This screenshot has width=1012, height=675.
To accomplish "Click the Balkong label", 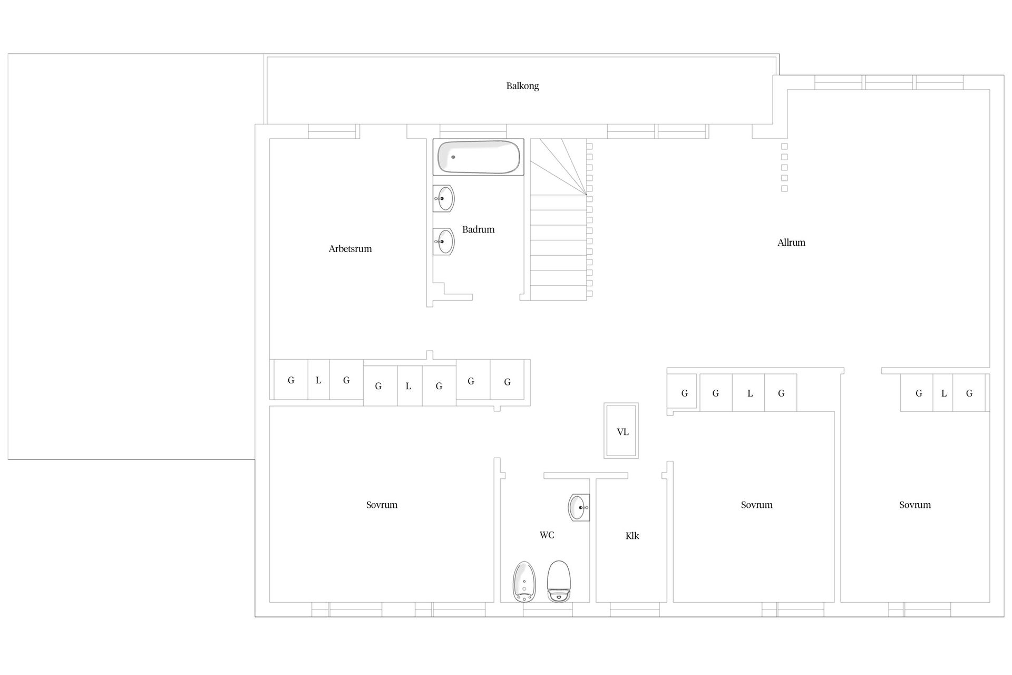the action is pos(522,86).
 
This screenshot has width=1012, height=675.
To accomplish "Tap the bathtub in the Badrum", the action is pos(479,157).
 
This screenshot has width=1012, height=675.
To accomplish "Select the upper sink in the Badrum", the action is pos(444,198).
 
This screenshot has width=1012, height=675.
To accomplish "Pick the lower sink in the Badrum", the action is pos(444,242).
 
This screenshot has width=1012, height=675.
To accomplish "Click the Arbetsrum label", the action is pos(350,249).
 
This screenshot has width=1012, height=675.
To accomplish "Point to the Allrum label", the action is pos(791,243).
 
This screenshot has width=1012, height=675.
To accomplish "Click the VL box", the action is pos(622,431).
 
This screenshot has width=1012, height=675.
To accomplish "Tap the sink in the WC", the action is pos(579,507).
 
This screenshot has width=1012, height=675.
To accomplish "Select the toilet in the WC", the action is pos(559,581).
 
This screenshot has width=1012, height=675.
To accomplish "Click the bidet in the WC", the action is pos(524,582).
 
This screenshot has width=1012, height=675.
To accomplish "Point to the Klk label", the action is pos(632,536).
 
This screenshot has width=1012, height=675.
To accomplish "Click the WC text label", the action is pos(547,535).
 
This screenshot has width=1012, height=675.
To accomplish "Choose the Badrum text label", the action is pos(478,229).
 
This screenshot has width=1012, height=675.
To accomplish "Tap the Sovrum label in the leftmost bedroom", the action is pos(382,505).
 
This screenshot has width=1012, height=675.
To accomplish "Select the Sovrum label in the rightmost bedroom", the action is pos(915,505).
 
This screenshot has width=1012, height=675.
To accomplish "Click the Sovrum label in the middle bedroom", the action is pos(756,505).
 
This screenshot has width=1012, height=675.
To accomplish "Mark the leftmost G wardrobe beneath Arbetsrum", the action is pos(291,380).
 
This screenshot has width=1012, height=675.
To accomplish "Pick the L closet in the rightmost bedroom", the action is pos(943,393).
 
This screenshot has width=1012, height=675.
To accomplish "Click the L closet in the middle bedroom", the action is pos(749,393).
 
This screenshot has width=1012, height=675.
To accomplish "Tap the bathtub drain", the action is pos(453,157).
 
